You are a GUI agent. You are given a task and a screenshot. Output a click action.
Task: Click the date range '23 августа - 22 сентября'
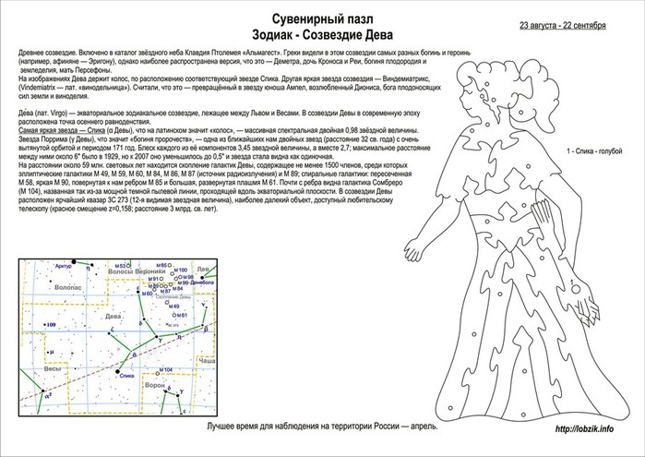(x=563, y=24)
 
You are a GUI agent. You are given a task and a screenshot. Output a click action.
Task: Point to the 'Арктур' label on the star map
(x=63, y=267)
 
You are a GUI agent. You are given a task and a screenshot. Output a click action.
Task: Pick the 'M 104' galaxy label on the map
(x=165, y=370)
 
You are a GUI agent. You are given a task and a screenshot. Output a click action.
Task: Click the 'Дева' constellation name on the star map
(x=115, y=315)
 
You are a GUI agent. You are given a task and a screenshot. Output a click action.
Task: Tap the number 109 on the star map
(x=51, y=326)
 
